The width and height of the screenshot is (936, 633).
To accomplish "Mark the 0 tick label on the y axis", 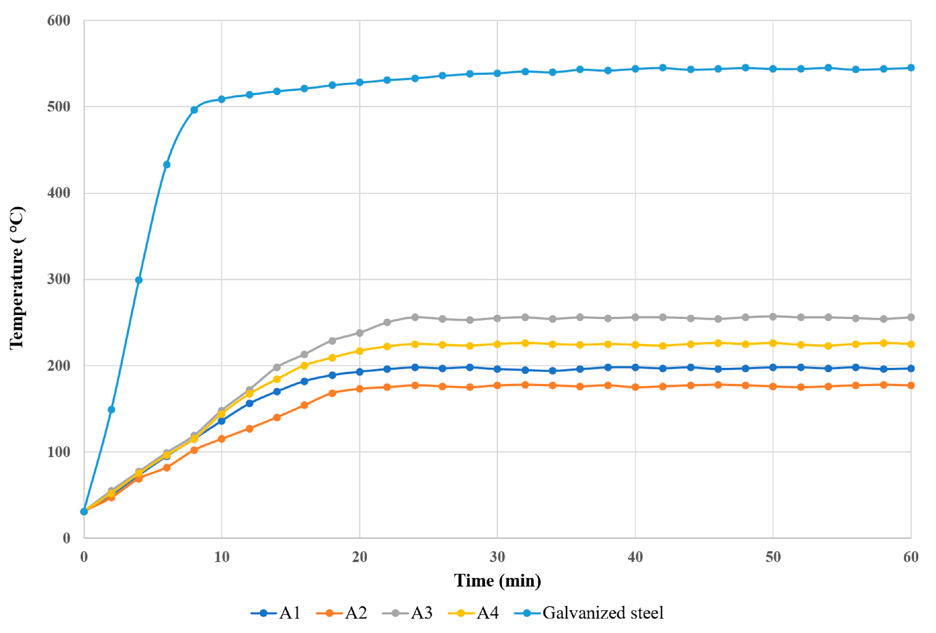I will pos(67,538).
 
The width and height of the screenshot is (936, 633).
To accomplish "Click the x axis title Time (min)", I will pos(497,581).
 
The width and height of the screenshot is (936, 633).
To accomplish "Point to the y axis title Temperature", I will pos(17,278).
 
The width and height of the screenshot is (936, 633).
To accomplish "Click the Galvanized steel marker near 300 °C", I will pos(139,280).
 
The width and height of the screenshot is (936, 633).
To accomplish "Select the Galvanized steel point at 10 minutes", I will pos(221,99).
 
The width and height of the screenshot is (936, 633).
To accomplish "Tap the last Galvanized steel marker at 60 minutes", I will pos(911,68).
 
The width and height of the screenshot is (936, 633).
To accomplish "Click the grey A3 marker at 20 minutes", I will pos(359,333).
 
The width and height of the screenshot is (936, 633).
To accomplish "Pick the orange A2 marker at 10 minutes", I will pos(221,439).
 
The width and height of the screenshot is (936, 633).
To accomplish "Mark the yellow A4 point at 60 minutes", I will pos(911,344).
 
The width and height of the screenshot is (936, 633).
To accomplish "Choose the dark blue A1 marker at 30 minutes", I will pos(497,369).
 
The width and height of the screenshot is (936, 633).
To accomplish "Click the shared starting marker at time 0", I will pos(84,512).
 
